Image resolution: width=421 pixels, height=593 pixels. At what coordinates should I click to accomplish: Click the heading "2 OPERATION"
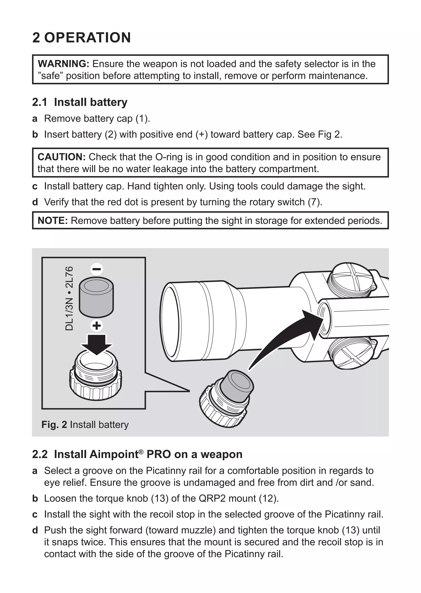pos(81,38)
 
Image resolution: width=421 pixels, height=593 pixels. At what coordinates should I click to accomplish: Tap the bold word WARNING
pos(64,64)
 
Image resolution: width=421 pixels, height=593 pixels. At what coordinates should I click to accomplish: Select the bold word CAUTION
pos(61,157)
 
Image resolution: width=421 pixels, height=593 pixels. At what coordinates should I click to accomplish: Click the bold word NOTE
pos(53,221)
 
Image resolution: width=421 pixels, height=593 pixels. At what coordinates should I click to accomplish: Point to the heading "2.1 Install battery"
pos(80,102)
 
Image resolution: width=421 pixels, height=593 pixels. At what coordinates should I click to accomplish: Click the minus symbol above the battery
pos(97,269)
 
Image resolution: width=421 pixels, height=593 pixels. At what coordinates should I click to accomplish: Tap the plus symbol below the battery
pos(97,326)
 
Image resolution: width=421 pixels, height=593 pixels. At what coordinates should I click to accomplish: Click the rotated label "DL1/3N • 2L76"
pos(69,298)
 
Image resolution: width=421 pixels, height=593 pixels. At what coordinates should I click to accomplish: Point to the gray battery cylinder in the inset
pos(96,297)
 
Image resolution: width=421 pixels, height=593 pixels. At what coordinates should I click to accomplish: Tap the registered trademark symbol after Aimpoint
pos(141,452)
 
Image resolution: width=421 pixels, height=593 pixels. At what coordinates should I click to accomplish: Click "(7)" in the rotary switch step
pos(315,202)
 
